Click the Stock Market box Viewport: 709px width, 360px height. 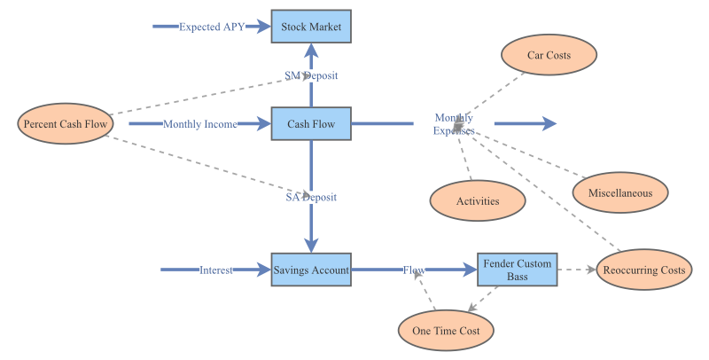(311, 27)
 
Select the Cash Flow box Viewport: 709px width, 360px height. (311, 124)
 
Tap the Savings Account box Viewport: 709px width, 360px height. (311, 270)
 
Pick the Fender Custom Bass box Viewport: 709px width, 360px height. (518, 270)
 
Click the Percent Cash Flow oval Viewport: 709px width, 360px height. (66, 124)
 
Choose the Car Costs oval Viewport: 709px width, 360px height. (549, 55)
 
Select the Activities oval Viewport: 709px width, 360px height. (478, 200)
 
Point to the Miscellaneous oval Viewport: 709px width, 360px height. (620, 192)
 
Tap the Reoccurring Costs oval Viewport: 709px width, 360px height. (643, 270)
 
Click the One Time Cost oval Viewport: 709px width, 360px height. (446, 331)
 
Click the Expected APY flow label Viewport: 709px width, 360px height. (212, 27)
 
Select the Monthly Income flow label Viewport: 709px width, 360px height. (199, 124)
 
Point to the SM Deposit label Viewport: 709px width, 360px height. (311, 75)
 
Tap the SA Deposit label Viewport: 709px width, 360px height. (311, 197)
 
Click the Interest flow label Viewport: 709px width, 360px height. (215, 270)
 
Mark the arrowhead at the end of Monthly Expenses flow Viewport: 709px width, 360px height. (549, 124)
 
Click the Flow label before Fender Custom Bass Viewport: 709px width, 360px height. (414, 270)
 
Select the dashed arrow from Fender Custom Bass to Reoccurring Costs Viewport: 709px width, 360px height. (576, 270)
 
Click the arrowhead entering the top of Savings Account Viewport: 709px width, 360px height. (311, 246)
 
